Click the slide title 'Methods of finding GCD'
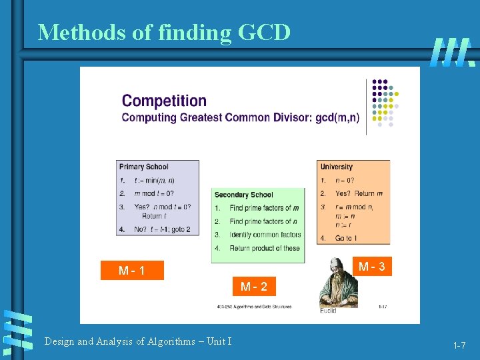point(164,31)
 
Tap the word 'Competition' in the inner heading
point(164,101)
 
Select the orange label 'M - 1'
point(132,271)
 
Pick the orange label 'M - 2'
point(254,287)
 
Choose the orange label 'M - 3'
point(371,267)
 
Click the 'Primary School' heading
point(144,167)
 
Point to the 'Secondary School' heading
point(243,195)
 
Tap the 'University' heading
point(337,167)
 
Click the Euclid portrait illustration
point(339,283)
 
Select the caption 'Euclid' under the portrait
point(328,311)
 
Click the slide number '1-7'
point(459,345)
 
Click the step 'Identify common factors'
point(265,235)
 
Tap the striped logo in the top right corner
point(452,51)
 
